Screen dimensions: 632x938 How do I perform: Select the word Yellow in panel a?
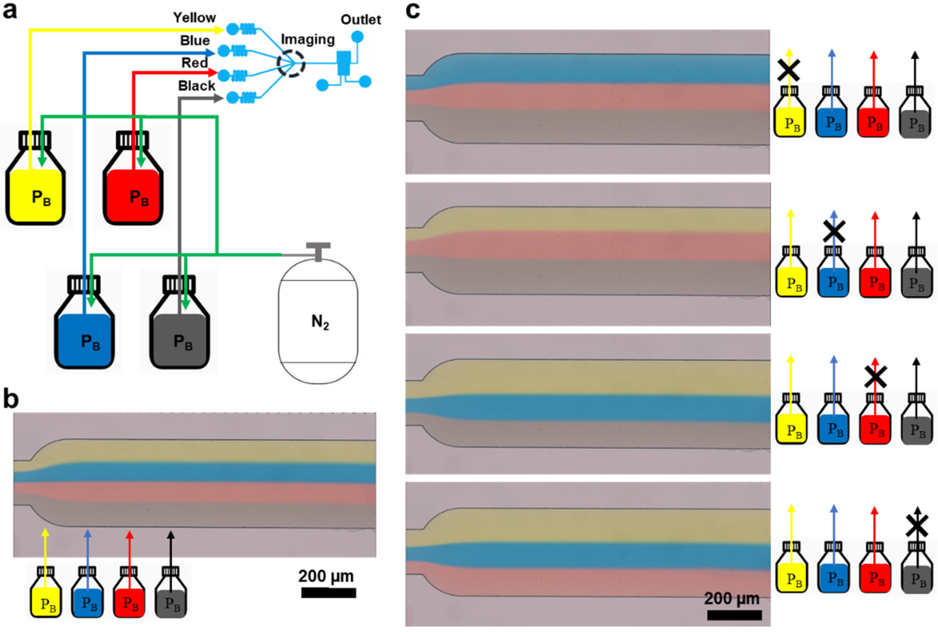194,18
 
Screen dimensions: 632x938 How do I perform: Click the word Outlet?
360,20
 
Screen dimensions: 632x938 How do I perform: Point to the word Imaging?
308,39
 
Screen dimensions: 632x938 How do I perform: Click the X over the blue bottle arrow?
834,231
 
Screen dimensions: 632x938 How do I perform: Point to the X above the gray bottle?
917,526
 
